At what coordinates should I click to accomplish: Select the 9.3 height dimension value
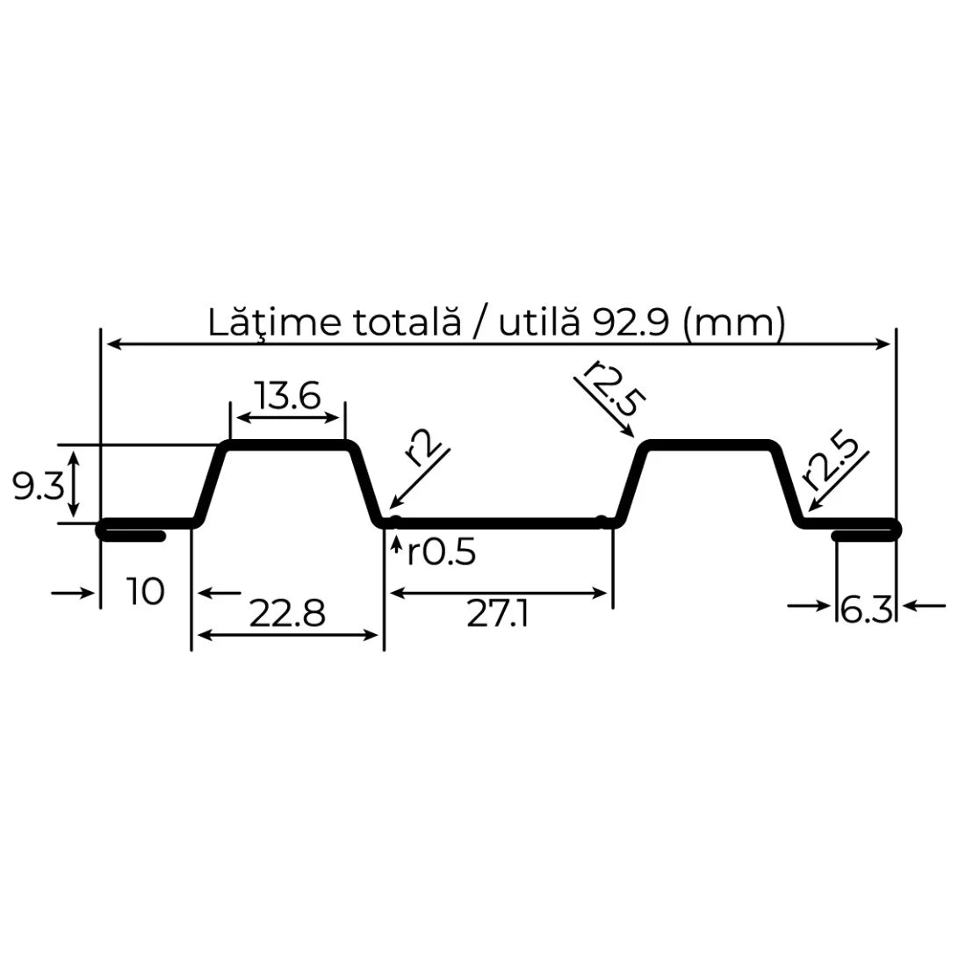pyautogui.click(x=38, y=486)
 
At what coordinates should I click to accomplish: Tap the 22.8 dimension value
pyautogui.click(x=286, y=614)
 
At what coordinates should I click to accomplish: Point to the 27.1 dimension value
pyautogui.click(x=498, y=614)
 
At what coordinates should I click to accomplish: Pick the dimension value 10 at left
pyautogui.click(x=145, y=592)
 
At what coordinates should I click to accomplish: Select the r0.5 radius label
pyautogui.click(x=441, y=553)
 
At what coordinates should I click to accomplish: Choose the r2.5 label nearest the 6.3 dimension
pyautogui.click(x=827, y=460)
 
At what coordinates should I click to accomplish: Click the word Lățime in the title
pyautogui.click(x=261, y=323)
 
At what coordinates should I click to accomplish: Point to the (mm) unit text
pyautogui.click(x=733, y=323)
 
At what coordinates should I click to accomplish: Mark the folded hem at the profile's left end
pyautogui.click(x=132, y=530)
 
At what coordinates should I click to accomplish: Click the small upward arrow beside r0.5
pyautogui.click(x=396, y=550)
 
